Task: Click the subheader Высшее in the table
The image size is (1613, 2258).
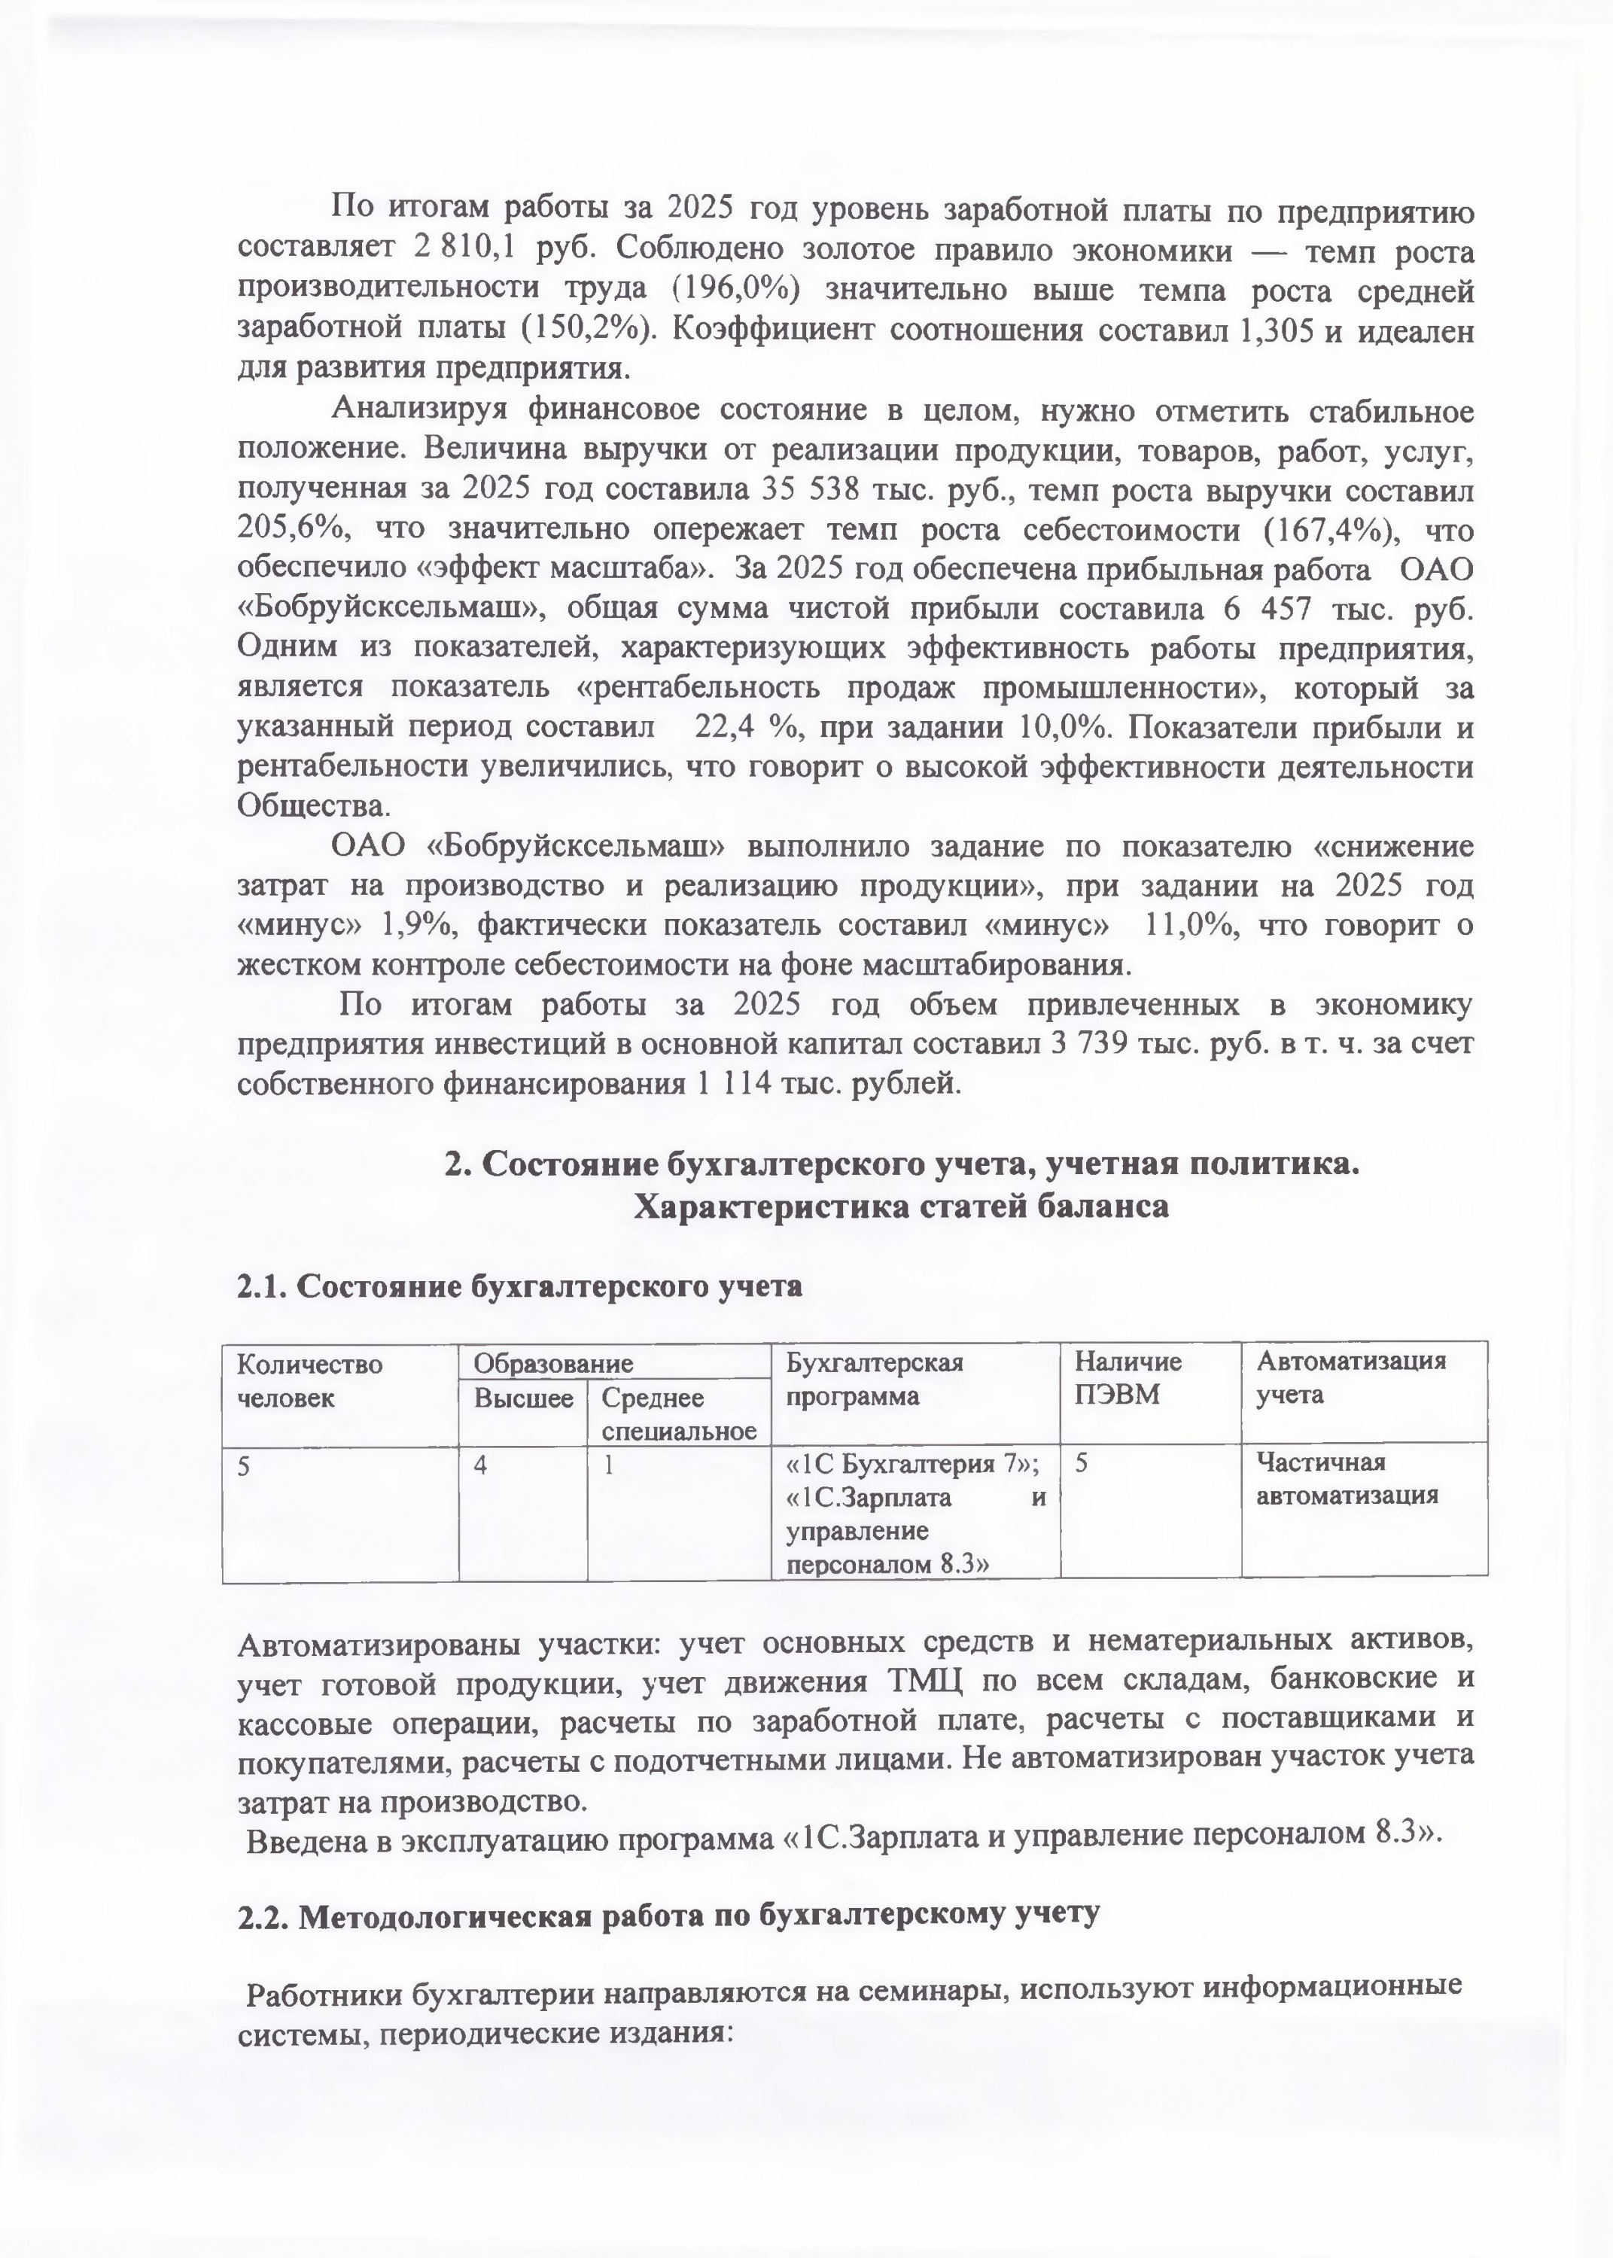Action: coord(523,1398)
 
